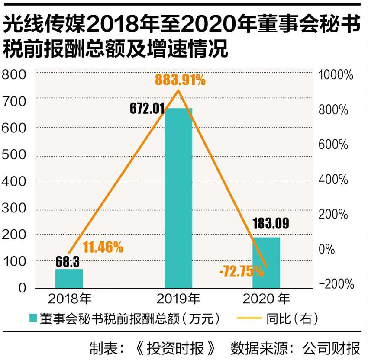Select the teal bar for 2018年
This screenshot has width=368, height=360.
click(69, 279)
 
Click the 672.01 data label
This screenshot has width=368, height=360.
click(148, 108)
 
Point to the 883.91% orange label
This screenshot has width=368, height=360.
click(181, 80)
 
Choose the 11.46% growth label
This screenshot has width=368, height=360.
click(103, 247)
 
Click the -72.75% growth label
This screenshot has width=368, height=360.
click(241, 272)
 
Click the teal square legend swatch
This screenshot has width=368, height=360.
click(32, 319)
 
